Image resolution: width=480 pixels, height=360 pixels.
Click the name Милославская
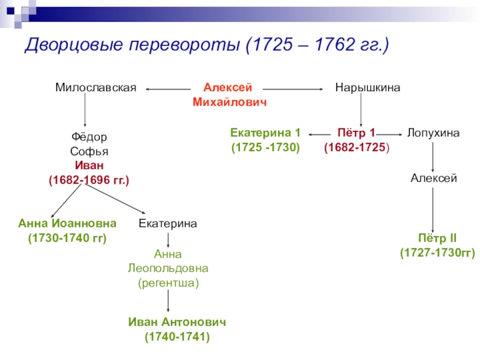tap(96, 88)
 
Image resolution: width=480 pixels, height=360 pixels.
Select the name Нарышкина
tap(367, 88)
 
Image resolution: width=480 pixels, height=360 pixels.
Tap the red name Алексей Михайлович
tap(230, 95)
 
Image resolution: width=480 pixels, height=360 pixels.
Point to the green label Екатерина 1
tap(265, 133)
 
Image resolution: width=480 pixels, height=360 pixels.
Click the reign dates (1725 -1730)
tap(265, 146)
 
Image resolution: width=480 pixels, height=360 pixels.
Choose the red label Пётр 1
tap(355, 133)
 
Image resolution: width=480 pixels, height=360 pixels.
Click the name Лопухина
tap(433, 133)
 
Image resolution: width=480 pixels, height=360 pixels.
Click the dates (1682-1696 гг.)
tap(89, 179)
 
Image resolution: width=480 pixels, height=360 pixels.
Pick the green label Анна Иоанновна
tap(67, 224)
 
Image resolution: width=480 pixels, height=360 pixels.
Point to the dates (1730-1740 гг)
tap(67, 238)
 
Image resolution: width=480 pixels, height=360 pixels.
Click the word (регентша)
tap(168, 281)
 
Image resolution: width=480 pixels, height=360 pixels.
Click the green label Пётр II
tap(437, 239)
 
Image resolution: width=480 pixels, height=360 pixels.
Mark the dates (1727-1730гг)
tap(437, 253)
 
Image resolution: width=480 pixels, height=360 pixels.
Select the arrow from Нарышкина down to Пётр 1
tap(361, 109)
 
